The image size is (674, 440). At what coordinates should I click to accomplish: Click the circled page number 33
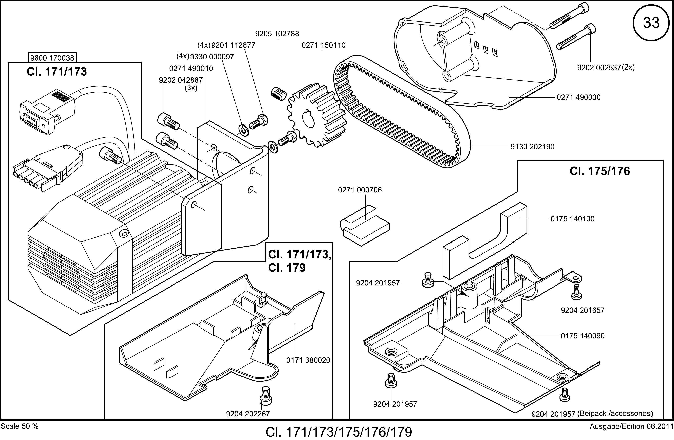651,23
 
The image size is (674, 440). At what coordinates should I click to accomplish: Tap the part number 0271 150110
323,45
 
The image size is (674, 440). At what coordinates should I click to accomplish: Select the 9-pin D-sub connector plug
47,112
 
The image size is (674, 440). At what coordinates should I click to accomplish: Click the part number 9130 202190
532,147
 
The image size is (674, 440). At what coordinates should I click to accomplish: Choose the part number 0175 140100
573,219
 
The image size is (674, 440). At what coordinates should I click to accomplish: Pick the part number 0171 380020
308,360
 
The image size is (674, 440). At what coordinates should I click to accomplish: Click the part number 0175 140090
583,336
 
